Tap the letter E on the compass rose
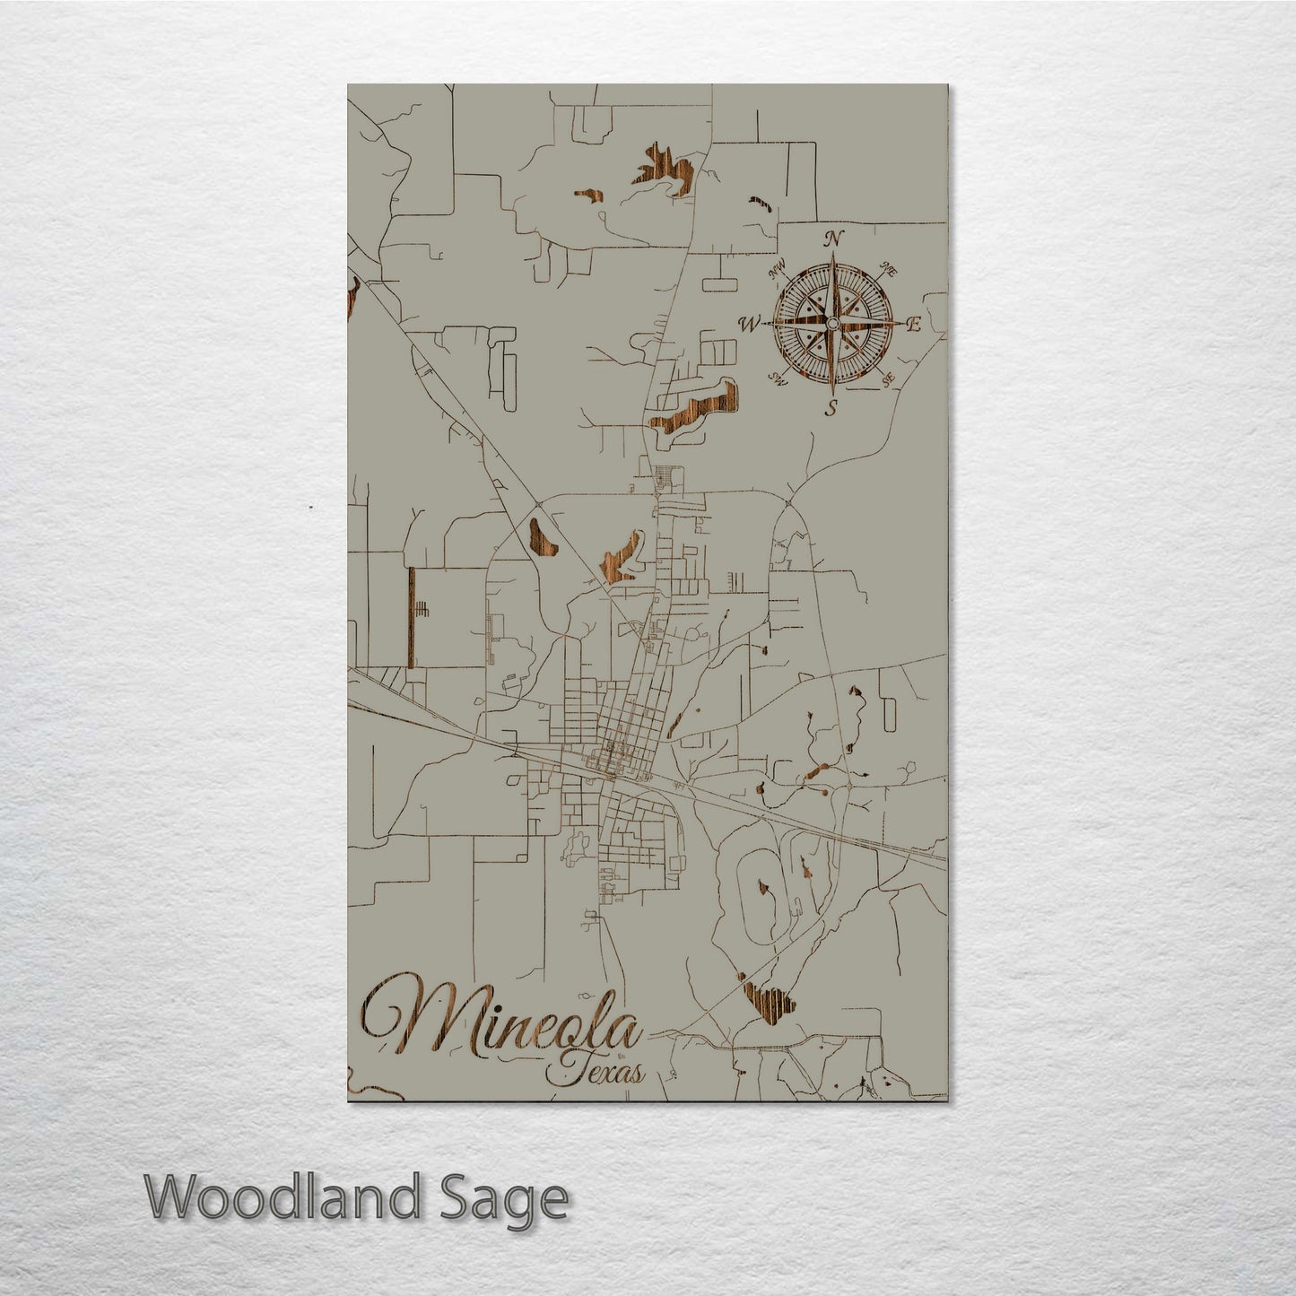coord(914,326)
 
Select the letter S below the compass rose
coord(831,410)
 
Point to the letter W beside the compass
coord(748,323)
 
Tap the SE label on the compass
coord(888,380)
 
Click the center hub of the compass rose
coord(832,324)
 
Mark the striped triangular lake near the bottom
coord(767,999)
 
